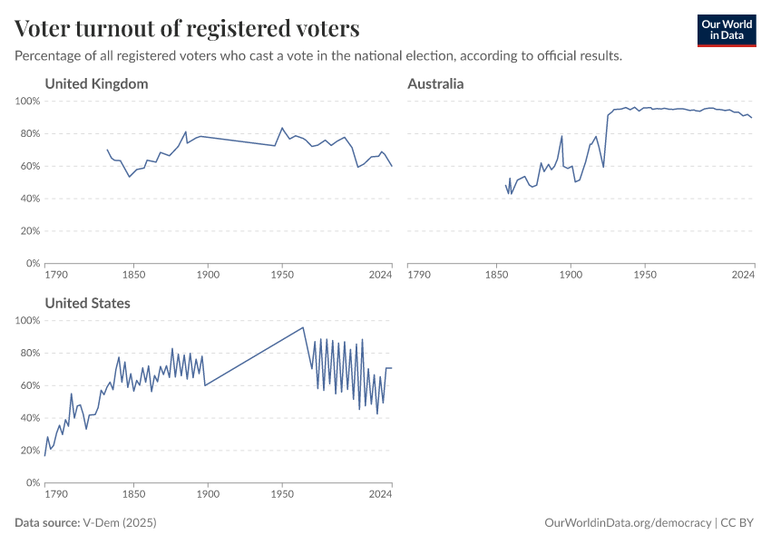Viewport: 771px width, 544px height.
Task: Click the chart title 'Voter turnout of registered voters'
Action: (188, 29)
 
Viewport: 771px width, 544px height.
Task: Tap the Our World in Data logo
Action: (726, 30)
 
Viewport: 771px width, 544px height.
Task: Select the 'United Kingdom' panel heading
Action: (96, 84)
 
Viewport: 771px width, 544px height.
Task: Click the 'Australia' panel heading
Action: (435, 84)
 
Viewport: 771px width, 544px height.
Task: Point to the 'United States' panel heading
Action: (87, 304)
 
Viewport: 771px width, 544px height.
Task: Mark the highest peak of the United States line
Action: (302, 327)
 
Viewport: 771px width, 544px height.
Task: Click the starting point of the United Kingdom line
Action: (107, 150)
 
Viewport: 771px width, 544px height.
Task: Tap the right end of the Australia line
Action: (752, 118)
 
